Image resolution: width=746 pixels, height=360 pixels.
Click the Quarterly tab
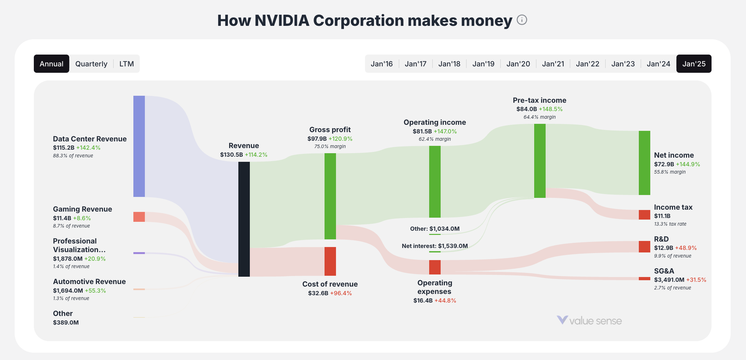[91, 64]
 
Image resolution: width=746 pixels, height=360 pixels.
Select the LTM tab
[126, 64]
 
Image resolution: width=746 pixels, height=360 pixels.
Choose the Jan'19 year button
[483, 64]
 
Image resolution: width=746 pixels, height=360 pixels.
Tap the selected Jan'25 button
[694, 64]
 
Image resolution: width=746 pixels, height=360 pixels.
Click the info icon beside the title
[522, 20]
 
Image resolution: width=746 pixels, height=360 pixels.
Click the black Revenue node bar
[244, 219]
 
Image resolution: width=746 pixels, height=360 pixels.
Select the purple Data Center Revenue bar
[139, 146]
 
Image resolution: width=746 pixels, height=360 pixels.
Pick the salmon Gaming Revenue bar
[139, 217]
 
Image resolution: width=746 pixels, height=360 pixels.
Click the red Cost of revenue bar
[330, 261]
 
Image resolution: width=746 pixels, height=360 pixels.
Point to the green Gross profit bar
[330, 196]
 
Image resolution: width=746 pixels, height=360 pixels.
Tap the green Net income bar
[644, 163]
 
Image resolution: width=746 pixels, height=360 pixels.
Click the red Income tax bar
[644, 214]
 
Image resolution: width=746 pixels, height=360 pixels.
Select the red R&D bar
[644, 246]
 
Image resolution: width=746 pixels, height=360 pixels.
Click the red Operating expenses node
[435, 267]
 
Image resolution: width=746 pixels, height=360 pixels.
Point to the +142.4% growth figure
[88, 148]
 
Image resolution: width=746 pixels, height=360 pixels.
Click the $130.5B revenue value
[231, 155]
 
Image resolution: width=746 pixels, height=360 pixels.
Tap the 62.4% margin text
[435, 139]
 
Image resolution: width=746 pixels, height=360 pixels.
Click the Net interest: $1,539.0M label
[435, 246]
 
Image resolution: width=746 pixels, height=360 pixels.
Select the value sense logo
[589, 320]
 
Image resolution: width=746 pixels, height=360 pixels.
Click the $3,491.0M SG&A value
[669, 280]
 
